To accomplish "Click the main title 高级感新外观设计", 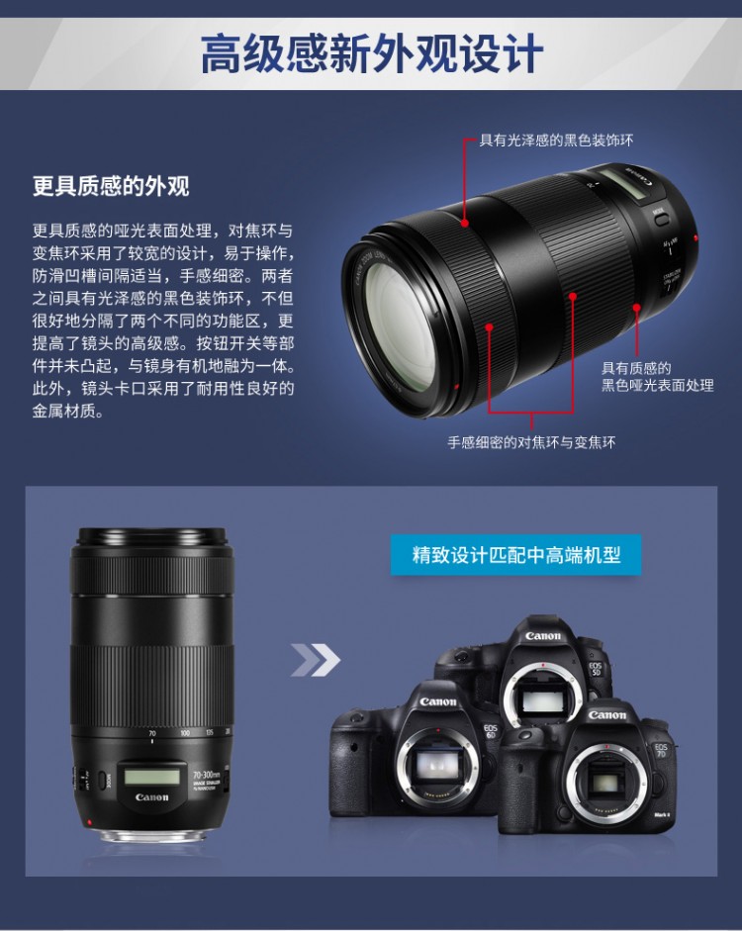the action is pyautogui.click(x=372, y=53).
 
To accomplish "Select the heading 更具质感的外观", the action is pyautogui.click(x=111, y=186).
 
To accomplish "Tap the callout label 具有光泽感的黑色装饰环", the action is pyautogui.click(x=556, y=140).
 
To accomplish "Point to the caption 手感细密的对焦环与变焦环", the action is pyautogui.click(x=531, y=442).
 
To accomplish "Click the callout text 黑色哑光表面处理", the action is pyautogui.click(x=658, y=385).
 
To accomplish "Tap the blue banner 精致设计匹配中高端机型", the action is pyautogui.click(x=515, y=555).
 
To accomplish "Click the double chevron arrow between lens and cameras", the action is pyautogui.click(x=316, y=660).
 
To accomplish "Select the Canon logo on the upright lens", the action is pyautogui.click(x=152, y=796).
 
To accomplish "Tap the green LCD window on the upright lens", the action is pyautogui.click(x=151, y=776).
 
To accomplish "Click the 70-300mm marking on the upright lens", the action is pyautogui.click(x=206, y=775).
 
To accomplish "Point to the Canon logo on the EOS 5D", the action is pyautogui.click(x=542, y=636).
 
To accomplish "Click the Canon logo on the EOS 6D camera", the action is pyautogui.click(x=438, y=701).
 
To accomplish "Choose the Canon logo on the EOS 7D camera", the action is pyautogui.click(x=606, y=715).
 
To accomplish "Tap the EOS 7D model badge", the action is pyautogui.click(x=661, y=751).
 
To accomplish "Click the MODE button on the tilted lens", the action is pyautogui.click(x=661, y=219).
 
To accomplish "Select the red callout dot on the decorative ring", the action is pyautogui.click(x=465, y=224).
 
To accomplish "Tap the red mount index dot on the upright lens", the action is pyautogui.click(x=90, y=822).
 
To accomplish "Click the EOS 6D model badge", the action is pyautogui.click(x=491, y=731).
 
